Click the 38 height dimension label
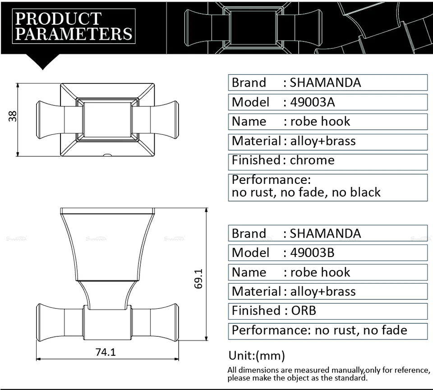click(x=13, y=116)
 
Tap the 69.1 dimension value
click(x=198, y=279)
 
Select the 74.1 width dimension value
click(x=106, y=352)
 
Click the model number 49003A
click(x=312, y=102)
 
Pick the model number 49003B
click(x=312, y=253)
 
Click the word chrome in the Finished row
click(x=312, y=160)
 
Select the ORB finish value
click(x=304, y=311)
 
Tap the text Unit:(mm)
click(x=257, y=355)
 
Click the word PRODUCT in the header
click(x=59, y=19)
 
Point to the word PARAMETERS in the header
click(x=74, y=34)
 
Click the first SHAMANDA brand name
click(x=325, y=83)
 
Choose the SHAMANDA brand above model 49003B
click(x=325, y=234)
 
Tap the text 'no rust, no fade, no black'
click(x=306, y=193)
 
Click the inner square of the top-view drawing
click(x=107, y=119)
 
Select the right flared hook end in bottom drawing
click(x=164, y=322)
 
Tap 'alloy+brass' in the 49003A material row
click(x=323, y=141)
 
